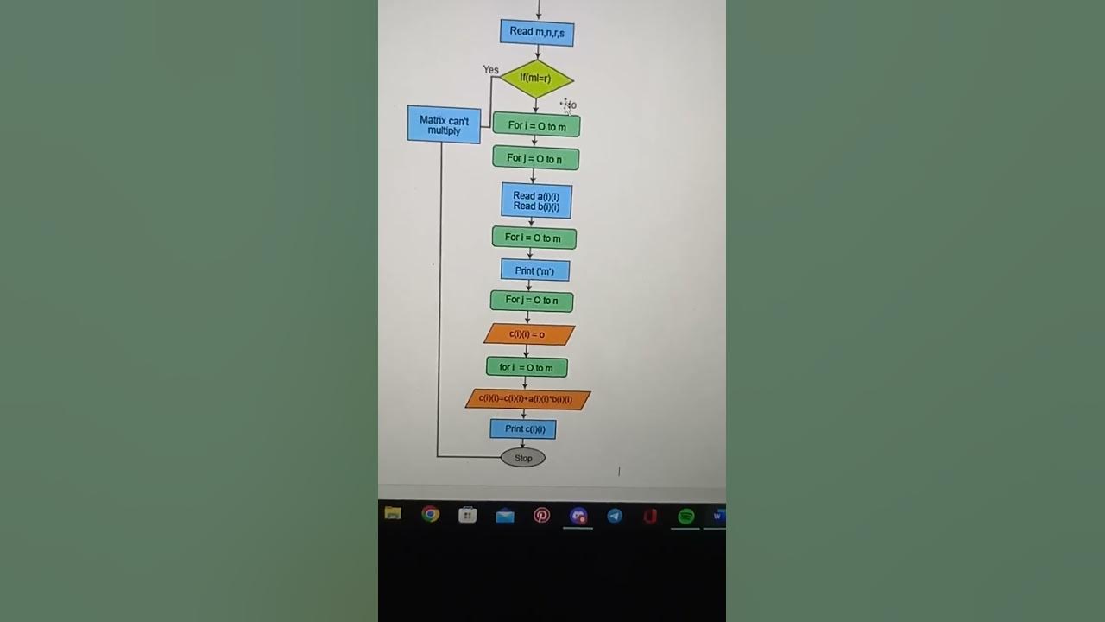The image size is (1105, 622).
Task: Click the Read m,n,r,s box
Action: click(x=537, y=32)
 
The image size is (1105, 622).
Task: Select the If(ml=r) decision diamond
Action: click(x=536, y=79)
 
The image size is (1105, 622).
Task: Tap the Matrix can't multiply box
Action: click(x=444, y=125)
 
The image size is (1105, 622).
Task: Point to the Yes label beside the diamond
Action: click(x=490, y=70)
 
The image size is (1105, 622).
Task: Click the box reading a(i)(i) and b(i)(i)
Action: click(x=536, y=201)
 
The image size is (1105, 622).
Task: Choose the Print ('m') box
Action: click(x=535, y=270)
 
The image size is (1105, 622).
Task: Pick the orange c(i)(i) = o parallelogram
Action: click(x=528, y=334)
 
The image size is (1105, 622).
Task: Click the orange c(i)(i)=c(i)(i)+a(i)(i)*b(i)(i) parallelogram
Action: click(x=527, y=399)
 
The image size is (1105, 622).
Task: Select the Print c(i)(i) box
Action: click(x=524, y=428)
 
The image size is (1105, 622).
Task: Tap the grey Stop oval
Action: click(x=523, y=458)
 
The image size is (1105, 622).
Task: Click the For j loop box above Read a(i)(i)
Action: click(x=535, y=158)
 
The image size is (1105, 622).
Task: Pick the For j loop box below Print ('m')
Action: click(x=532, y=301)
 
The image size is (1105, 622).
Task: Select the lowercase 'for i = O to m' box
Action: click(x=527, y=367)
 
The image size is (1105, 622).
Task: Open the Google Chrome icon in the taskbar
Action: click(x=430, y=515)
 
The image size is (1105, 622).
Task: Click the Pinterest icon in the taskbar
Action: click(x=541, y=516)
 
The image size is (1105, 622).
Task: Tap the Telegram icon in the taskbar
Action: click(x=615, y=516)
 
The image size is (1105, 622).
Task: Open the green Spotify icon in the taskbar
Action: click(x=686, y=516)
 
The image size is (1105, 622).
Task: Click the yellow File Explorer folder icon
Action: click(x=393, y=514)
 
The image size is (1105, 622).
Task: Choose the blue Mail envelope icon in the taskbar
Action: click(x=505, y=516)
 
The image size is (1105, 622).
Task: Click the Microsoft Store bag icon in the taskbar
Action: click(x=467, y=516)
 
